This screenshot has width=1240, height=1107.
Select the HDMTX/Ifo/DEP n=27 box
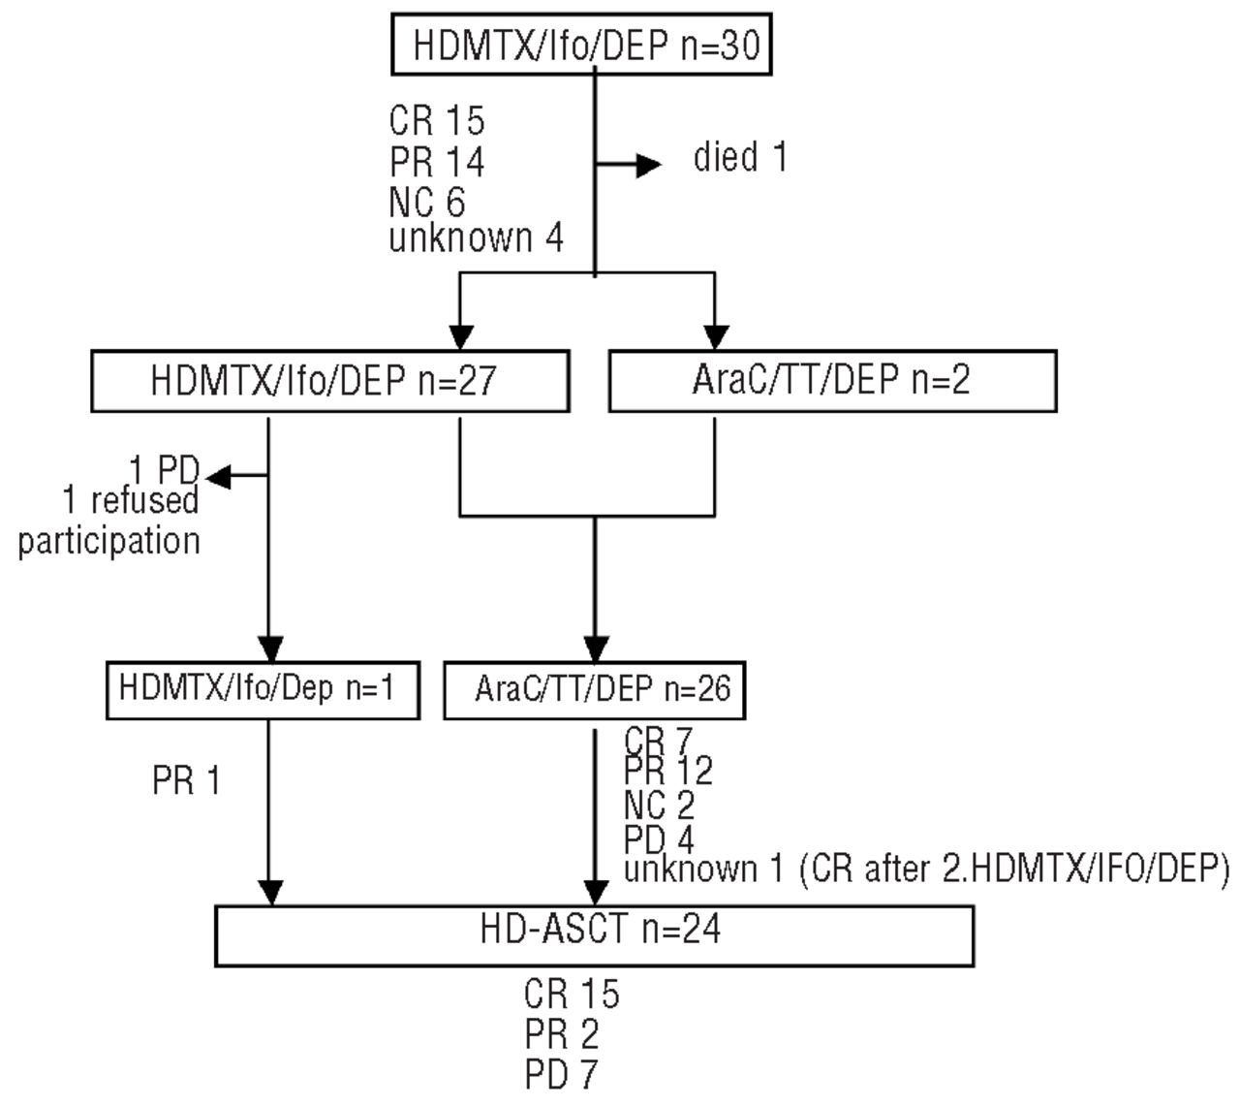pos(329,381)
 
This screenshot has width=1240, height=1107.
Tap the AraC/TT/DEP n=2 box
pos(831,381)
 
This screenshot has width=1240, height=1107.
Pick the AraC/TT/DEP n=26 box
pos(594,689)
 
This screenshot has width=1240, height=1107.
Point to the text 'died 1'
pos(739,158)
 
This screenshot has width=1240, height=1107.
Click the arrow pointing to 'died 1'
pos(644,166)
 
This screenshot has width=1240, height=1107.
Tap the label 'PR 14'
pos(437,162)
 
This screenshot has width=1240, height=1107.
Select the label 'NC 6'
pos(427,202)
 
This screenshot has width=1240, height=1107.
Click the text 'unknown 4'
pos(476,238)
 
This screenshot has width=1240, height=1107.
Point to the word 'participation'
pos(108,541)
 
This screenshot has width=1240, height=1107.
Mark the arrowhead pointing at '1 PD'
pos(216,476)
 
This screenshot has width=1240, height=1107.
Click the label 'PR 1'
pos(187,780)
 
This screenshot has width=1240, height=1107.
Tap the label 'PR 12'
pos(668,772)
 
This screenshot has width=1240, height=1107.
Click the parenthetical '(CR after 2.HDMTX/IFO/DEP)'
pos(1012,869)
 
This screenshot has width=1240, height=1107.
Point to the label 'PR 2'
pos(562,1035)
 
